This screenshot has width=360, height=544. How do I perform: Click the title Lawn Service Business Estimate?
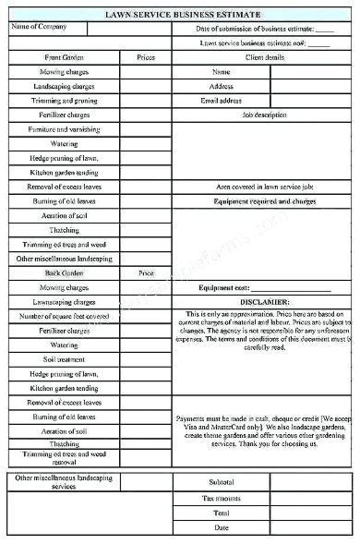click(182, 15)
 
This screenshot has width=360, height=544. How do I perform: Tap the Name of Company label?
click(39, 27)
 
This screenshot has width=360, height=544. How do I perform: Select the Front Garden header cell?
click(64, 57)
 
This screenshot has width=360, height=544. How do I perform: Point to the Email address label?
click(222, 101)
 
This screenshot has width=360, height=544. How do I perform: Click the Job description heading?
click(264, 115)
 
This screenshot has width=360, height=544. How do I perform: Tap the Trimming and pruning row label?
click(64, 101)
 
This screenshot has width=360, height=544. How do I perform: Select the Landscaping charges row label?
click(64, 86)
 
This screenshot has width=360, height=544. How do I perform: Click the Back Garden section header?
click(64, 273)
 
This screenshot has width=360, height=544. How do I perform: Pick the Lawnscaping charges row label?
click(64, 302)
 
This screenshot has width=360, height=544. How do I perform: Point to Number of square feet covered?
click(64, 316)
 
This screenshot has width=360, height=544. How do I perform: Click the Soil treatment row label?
click(64, 359)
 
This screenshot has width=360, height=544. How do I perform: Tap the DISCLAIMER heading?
click(264, 302)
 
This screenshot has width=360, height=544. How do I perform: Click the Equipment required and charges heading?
click(264, 200)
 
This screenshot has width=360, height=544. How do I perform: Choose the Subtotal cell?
click(222, 482)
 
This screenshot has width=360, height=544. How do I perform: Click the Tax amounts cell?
click(222, 498)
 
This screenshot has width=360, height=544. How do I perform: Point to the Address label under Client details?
click(222, 86)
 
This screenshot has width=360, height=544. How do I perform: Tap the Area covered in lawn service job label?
click(264, 187)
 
